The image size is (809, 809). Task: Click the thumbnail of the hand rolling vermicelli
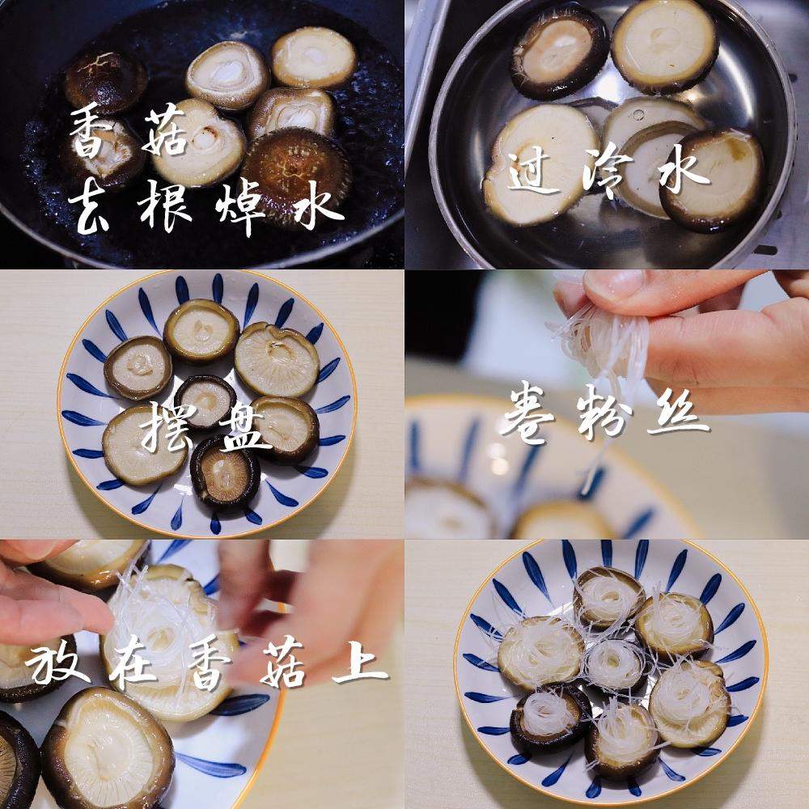607,404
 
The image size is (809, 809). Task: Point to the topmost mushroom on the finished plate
609,597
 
